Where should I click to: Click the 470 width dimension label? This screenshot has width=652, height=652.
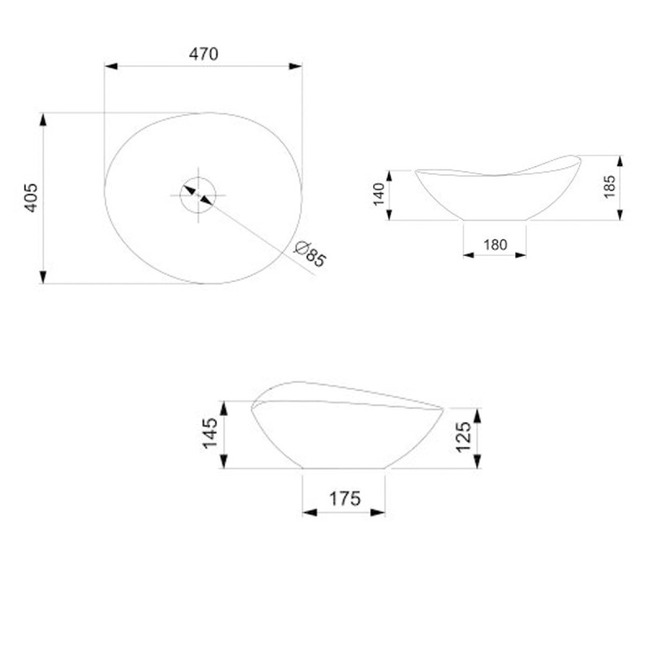point(203,54)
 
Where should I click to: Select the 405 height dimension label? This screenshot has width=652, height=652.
point(32,198)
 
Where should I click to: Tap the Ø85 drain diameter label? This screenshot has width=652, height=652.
point(310,253)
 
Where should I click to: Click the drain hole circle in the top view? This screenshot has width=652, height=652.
point(180,195)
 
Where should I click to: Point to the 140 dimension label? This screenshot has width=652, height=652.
point(379,194)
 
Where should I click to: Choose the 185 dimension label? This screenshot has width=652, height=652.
point(609,187)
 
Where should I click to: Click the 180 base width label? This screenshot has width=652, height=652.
point(495,244)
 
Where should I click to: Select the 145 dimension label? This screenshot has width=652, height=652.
point(210,434)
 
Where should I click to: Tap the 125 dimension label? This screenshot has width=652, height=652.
point(463,437)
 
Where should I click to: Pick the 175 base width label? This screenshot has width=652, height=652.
point(345,498)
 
